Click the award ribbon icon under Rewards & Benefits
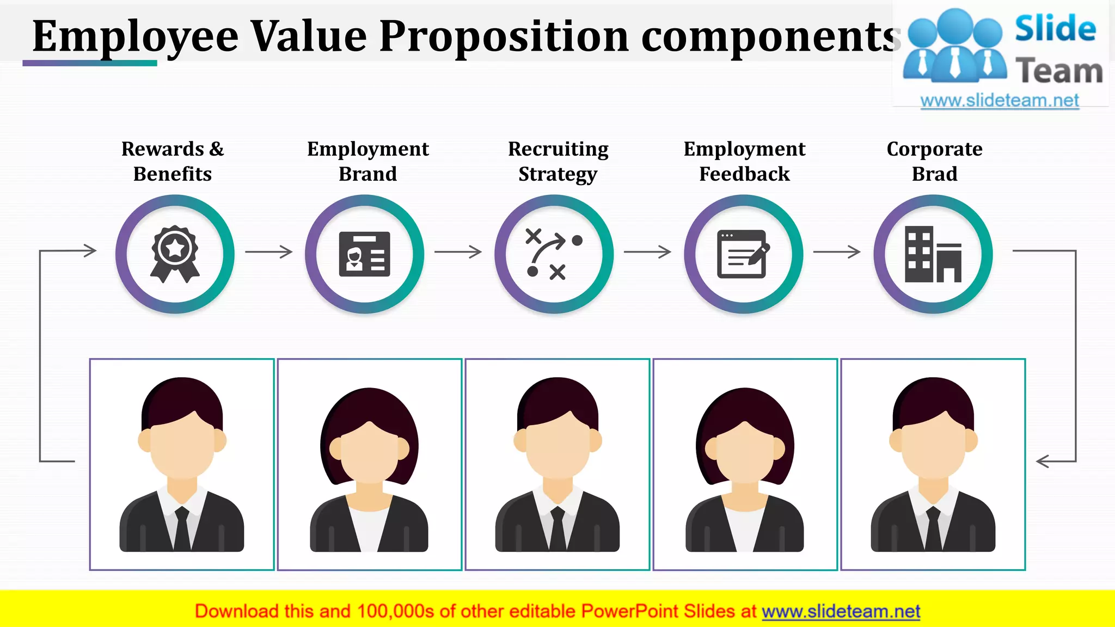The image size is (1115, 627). coord(175,254)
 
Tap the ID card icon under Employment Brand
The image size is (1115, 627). coord(364,254)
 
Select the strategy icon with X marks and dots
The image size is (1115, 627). coord(554,254)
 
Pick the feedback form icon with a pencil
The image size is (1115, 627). coord(743,254)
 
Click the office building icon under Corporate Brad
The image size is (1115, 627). coord(933,254)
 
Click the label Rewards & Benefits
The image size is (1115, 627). coord(173,161)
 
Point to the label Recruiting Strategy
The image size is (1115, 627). coord(558,161)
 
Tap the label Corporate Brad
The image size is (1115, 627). coord(934,161)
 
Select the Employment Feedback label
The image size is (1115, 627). coord(744,161)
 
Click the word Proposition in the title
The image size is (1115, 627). coord(504,36)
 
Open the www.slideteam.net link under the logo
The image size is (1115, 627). coord(1000,101)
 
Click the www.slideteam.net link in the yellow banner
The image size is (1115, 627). coord(841,612)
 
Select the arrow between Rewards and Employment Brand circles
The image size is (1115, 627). coord(269,251)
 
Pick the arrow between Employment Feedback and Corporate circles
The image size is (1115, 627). coord(837,251)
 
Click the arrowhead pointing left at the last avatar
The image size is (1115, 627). coord(1043,462)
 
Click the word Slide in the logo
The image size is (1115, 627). coord(1055,29)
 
